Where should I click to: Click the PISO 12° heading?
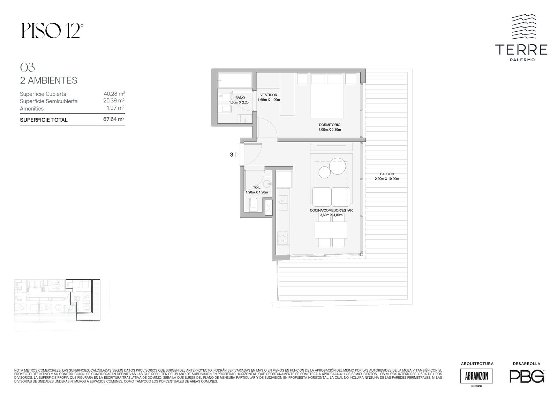point(52,31)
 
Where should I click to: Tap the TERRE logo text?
point(521,49)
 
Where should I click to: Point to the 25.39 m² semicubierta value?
point(114,101)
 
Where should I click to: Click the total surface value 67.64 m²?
point(114,119)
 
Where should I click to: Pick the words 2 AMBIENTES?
point(48,80)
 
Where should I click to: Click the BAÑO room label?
point(240,98)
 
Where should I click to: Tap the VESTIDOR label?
point(269,95)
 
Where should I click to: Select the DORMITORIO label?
point(330,125)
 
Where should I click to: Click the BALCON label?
point(387,174)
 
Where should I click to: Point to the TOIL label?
point(257,187)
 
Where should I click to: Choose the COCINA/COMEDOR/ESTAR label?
point(331,210)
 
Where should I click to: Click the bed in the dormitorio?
point(326,95)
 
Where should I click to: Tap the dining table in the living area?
point(331,230)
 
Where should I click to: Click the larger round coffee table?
point(338,166)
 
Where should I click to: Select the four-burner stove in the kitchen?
point(283,238)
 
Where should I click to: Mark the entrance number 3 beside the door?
point(232,155)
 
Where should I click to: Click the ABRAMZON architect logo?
point(476,376)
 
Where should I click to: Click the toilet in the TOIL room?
point(253,205)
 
